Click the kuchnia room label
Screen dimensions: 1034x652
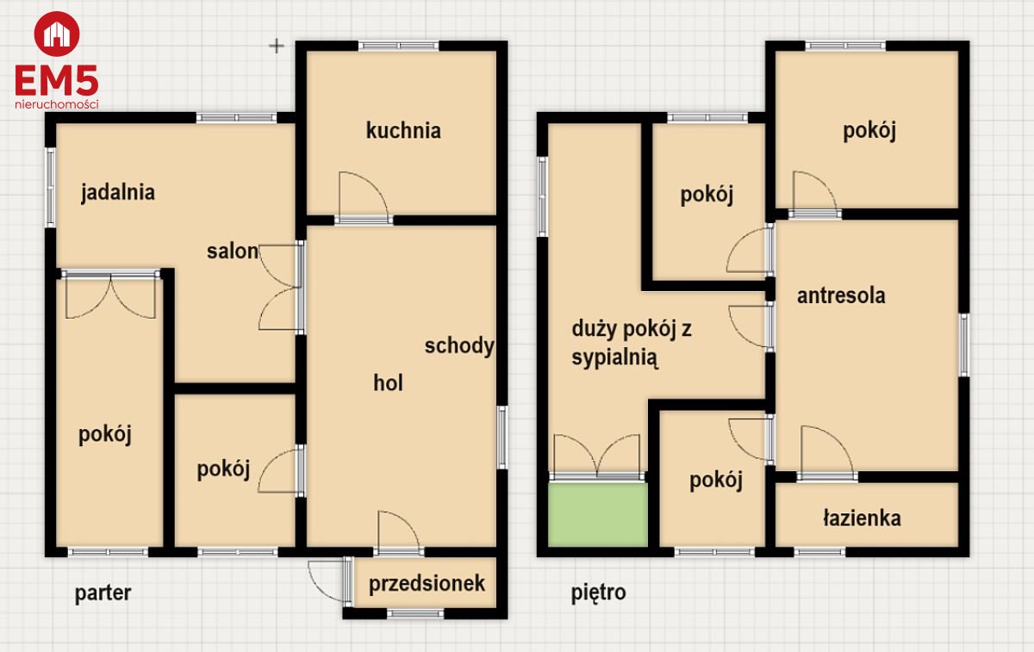pyautogui.click(x=403, y=131)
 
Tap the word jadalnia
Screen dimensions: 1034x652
pyautogui.click(x=118, y=192)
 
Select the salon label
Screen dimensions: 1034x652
pyautogui.click(x=232, y=251)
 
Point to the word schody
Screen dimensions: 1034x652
pyautogui.click(x=459, y=346)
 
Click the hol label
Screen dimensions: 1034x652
pyautogui.click(x=388, y=383)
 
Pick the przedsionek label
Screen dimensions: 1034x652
pyautogui.click(x=427, y=584)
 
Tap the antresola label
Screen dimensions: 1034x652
pyautogui.click(x=841, y=295)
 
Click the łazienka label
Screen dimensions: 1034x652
pyautogui.click(x=862, y=518)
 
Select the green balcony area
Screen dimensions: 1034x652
pyautogui.click(x=598, y=514)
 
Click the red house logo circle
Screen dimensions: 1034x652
pyautogui.click(x=57, y=34)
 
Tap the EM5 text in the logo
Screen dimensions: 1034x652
pyautogui.click(x=57, y=80)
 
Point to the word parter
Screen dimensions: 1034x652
pyautogui.click(x=103, y=593)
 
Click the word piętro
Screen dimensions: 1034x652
pyautogui.click(x=598, y=592)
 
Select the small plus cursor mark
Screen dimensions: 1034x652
pyautogui.click(x=277, y=46)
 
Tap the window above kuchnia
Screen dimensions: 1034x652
pyautogui.click(x=398, y=46)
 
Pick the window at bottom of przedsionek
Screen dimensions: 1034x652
pyautogui.click(x=415, y=614)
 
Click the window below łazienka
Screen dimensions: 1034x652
pyautogui.click(x=819, y=552)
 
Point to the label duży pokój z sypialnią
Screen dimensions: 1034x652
pyautogui.click(x=632, y=344)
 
